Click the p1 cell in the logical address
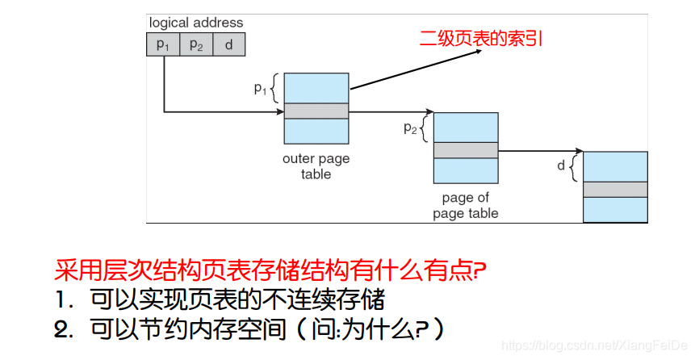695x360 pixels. [x=163, y=44]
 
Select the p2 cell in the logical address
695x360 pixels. [x=196, y=44]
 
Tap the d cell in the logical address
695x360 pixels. [x=229, y=44]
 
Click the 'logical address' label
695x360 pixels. [x=196, y=23]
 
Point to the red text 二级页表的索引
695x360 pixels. [x=481, y=38]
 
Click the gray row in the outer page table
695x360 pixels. [x=316, y=111]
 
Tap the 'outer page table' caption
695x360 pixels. [x=316, y=166]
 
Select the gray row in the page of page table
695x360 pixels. [x=466, y=150]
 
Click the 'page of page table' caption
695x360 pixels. [x=466, y=206]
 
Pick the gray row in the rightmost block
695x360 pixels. [x=615, y=189]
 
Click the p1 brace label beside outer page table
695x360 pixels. [x=260, y=89]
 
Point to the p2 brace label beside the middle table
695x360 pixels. [x=410, y=128]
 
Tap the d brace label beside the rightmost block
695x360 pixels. [x=561, y=165]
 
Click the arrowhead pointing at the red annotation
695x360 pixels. [x=477, y=51]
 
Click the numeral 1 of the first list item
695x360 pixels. [x=61, y=300]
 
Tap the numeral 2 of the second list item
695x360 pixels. [x=62, y=329]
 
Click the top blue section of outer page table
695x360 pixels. [x=316, y=88]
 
